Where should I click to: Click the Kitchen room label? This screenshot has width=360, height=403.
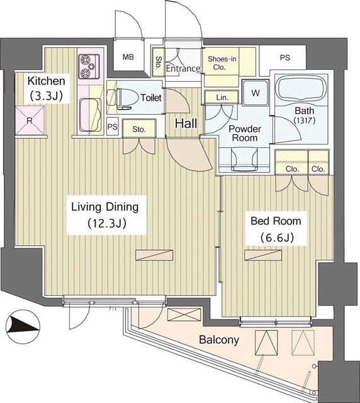46,81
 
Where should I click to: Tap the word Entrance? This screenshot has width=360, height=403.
183,69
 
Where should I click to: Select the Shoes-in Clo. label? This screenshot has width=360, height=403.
223,64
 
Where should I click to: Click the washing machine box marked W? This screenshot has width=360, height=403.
255,92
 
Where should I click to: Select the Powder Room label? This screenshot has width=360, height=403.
244,133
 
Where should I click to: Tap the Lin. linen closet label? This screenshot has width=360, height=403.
222,98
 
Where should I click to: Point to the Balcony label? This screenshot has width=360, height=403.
219,340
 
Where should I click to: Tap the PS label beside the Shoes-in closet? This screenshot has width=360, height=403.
285,58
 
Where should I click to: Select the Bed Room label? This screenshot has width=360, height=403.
276,221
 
